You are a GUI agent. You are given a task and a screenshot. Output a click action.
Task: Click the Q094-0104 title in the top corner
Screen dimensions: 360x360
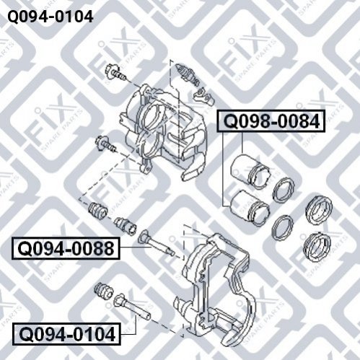coord(51,17)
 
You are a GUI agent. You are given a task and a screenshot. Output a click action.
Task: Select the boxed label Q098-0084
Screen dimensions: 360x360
coord(271,121)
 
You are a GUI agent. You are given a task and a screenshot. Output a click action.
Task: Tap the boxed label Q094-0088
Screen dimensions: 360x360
coord(66,249)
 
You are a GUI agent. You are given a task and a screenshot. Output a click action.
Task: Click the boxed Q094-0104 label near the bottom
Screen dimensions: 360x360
coord(66,334)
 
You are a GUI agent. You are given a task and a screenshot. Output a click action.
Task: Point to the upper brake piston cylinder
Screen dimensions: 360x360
coord(251,172)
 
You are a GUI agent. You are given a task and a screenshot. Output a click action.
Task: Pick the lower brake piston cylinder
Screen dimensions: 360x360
coord(250,208)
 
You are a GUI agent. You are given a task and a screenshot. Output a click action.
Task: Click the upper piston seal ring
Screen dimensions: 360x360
coord(284,190)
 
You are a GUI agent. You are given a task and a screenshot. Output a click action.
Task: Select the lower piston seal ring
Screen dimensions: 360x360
coord(283,227)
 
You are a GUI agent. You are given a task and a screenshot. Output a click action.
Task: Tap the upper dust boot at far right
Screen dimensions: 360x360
coord(319,211)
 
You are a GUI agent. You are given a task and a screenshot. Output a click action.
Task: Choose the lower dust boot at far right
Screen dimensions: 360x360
coord(317,247)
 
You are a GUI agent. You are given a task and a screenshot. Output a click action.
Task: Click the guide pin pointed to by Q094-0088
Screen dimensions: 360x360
coord(157,243)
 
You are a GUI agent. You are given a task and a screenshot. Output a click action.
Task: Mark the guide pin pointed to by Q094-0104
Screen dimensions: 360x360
coord(132,307)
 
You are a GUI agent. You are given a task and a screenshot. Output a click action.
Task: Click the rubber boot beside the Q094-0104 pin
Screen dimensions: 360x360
coord(104,290)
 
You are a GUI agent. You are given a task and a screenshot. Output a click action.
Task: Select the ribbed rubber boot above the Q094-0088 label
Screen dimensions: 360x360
coord(98,211)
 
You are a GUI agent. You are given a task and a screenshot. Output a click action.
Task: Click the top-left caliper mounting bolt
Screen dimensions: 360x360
coord(115,72)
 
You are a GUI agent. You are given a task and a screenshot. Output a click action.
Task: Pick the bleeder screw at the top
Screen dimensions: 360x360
coord(187,74)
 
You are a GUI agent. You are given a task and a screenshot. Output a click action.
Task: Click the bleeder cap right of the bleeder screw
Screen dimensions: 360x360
coord(203,96)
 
